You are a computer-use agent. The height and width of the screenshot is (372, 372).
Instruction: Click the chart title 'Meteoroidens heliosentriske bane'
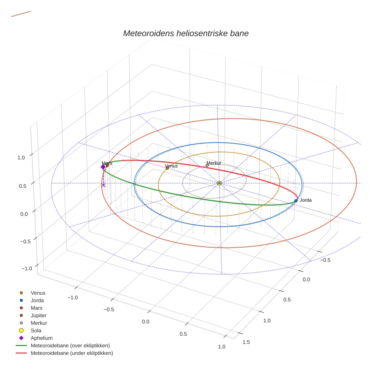(x=186, y=33)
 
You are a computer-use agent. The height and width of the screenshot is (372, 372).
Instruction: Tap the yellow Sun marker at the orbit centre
(x=219, y=183)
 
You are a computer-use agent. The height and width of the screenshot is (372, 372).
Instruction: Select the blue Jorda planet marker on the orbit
(x=296, y=201)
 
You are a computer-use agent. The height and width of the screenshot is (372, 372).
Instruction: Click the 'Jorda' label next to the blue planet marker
(x=305, y=200)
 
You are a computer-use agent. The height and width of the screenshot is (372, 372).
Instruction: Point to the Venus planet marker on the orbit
(x=167, y=168)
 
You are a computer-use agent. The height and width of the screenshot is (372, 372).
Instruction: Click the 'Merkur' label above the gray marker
(x=214, y=163)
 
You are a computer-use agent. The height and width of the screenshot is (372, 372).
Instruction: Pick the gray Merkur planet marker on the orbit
(x=207, y=165)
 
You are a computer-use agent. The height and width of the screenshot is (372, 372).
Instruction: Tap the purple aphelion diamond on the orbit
(x=103, y=167)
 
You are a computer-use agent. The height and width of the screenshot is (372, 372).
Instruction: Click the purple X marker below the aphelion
(x=104, y=185)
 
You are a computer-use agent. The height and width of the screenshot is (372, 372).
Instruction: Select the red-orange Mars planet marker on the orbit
(x=107, y=166)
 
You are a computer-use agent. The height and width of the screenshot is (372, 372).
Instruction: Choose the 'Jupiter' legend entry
(x=39, y=315)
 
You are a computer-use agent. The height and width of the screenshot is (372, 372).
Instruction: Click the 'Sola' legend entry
(x=36, y=330)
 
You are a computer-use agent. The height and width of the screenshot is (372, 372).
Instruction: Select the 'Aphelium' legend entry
(x=41, y=338)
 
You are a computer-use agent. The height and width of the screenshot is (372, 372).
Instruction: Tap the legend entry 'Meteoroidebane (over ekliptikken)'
(x=70, y=346)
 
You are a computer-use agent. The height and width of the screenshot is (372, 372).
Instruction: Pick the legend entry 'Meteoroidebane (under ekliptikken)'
(x=71, y=353)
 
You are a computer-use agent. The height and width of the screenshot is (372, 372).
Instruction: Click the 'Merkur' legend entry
(x=39, y=323)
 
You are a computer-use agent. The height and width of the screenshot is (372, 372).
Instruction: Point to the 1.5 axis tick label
(x=246, y=342)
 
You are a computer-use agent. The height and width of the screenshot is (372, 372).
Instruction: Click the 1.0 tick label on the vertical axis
(x=22, y=157)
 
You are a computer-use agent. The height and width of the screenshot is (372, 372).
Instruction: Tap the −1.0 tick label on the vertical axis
(x=26, y=268)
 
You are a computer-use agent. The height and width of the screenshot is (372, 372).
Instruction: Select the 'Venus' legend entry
(x=38, y=293)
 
